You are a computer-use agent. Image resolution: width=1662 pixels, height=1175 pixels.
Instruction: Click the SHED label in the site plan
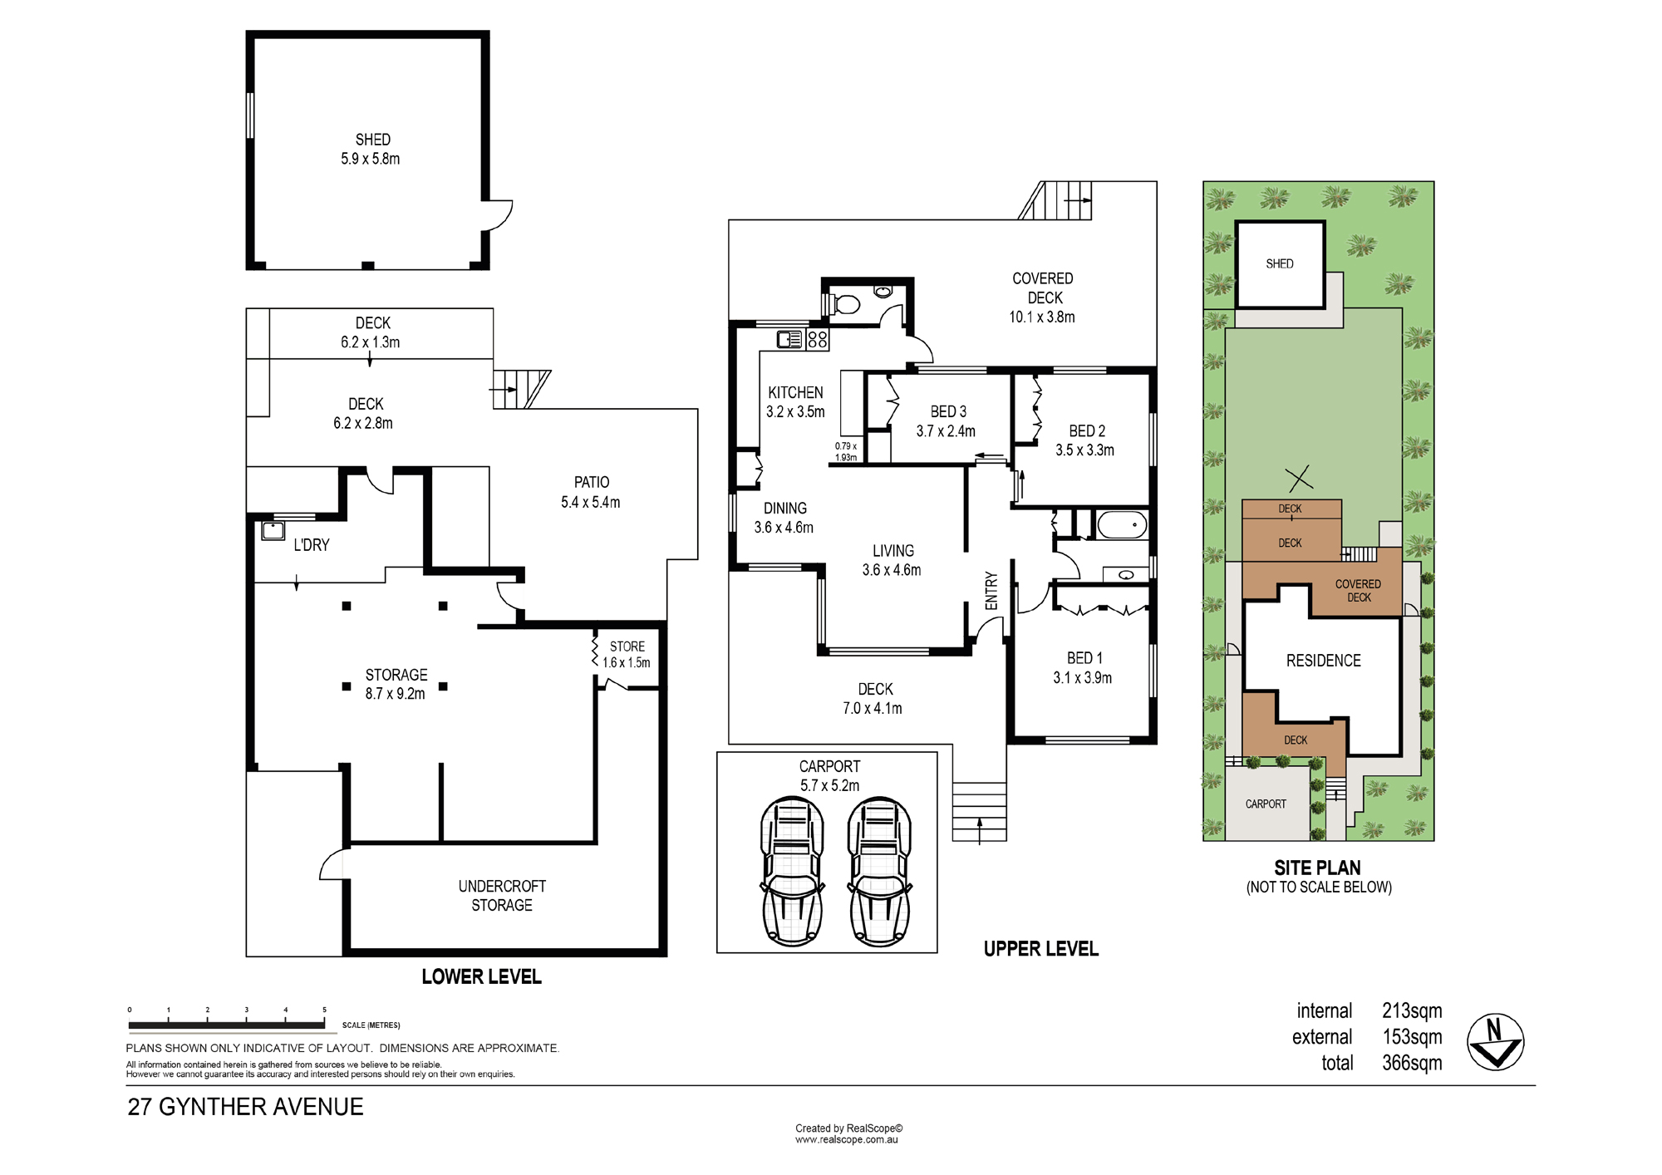pyautogui.click(x=1280, y=263)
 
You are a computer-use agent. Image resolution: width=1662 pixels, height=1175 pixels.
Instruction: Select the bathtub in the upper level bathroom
pyautogui.click(x=1122, y=525)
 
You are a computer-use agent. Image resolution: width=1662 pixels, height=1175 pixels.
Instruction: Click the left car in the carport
pyautogui.click(x=793, y=871)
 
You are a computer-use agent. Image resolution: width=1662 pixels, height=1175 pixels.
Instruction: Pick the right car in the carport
pyautogui.click(x=879, y=871)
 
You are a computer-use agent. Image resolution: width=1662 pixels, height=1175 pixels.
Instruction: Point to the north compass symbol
pyautogui.click(x=1495, y=1042)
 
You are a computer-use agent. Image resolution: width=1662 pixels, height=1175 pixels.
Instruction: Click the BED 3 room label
pyautogui.click(x=948, y=411)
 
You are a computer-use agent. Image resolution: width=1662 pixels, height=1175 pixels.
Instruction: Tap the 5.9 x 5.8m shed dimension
pyautogui.click(x=371, y=159)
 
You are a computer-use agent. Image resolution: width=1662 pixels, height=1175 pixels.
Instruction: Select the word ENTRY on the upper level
pyautogui.click(x=991, y=591)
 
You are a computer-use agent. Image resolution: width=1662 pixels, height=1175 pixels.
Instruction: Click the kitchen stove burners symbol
pyautogui.click(x=818, y=339)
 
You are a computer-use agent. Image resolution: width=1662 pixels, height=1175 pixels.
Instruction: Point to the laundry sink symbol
pyautogui.click(x=273, y=530)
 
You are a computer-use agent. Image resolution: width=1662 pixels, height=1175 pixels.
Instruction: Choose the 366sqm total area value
pyautogui.click(x=1412, y=1063)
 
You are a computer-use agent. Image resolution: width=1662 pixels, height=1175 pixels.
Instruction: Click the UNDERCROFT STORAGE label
pyautogui.click(x=502, y=896)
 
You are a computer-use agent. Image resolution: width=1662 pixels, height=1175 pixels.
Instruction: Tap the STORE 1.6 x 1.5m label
pyautogui.click(x=627, y=654)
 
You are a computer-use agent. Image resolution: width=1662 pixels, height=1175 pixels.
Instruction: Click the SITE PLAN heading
pyautogui.click(x=1317, y=868)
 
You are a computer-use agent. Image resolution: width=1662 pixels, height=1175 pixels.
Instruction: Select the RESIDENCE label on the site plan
pyautogui.click(x=1324, y=661)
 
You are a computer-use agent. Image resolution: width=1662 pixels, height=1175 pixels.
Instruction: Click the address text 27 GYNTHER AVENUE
pyautogui.click(x=245, y=1107)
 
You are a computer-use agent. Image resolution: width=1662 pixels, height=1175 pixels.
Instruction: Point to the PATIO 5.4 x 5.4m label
pyautogui.click(x=591, y=492)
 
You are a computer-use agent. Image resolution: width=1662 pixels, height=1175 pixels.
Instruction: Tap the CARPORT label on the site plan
pyautogui.click(x=1266, y=804)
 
